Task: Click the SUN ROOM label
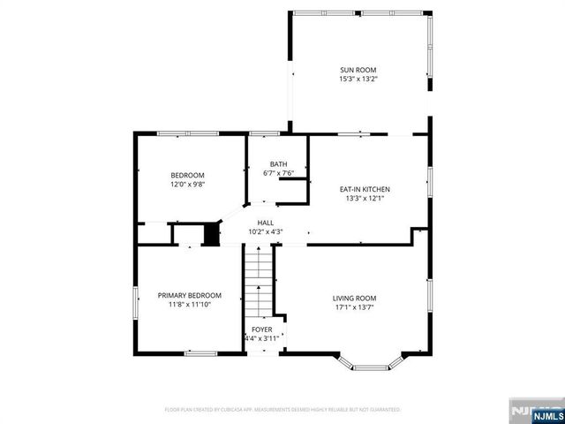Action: click(x=358, y=70)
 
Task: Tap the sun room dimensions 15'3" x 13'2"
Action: click(x=358, y=79)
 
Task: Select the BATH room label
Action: click(x=278, y=164)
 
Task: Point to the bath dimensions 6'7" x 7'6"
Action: click(x=278, y=173)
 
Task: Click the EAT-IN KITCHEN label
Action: click(x=365, y=189)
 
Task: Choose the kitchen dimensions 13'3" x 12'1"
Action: click(x=365, y=198)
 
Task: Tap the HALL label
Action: click(x=265, y=223)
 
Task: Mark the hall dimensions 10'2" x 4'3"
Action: click(x=265, y=231)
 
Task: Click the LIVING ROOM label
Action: click(x=354, y=299)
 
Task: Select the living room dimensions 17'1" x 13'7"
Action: click(x=354, y=307)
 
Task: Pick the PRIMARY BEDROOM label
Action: click(x=189, y=295)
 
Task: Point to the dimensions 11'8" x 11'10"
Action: click(x=189, y=304)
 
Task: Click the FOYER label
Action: click(x=261, y=329)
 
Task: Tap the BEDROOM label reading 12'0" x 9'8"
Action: click(x=187, y=175)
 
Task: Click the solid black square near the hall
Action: click(x=211, y=234)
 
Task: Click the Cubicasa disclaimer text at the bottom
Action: click(x=282, y=410)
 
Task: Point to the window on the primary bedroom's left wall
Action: click(x=135, y=300)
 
